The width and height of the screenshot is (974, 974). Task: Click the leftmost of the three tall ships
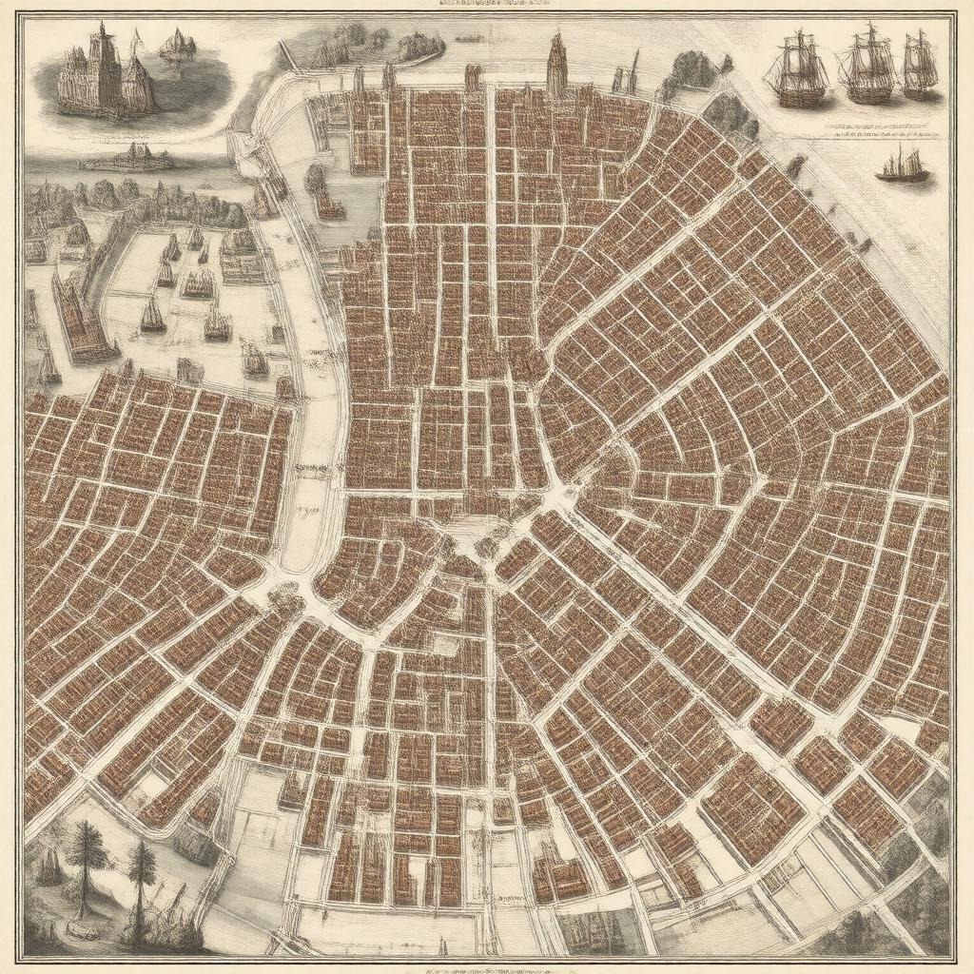click(798, 71)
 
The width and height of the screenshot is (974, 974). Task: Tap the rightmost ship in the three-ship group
click(919, 65)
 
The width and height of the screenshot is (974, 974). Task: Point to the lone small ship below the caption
click(903, 166)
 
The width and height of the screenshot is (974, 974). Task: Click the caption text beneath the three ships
click(861, 135)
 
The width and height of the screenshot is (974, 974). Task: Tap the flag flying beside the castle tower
click(136, 40)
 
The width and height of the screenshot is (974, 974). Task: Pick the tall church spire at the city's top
click(556, 62)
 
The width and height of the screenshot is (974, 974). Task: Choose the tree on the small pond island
click(318, 180)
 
